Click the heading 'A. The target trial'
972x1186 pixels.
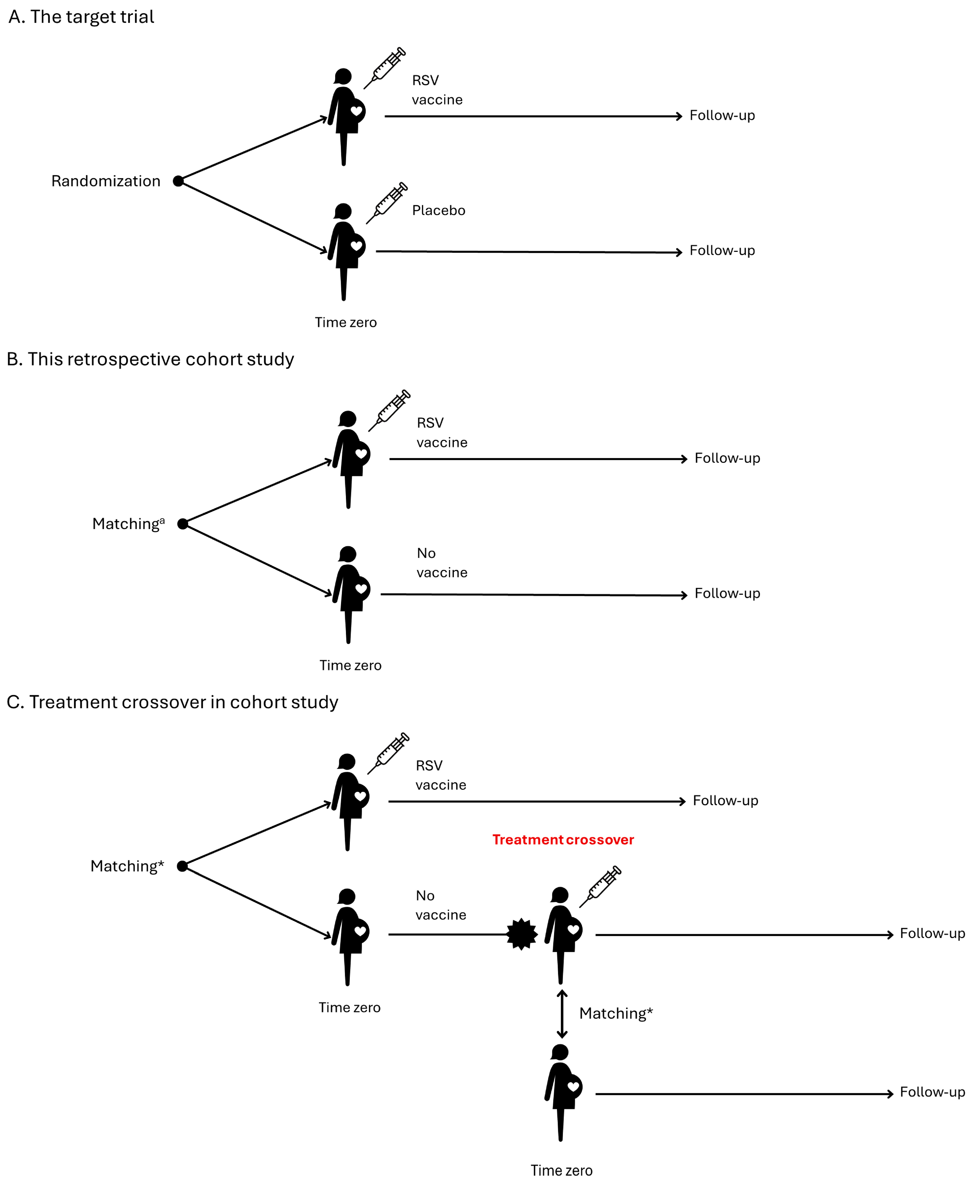pos(81,17)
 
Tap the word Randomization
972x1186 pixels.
pos(106,181)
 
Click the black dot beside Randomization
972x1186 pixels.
pos(178,181)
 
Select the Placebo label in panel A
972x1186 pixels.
pos(438,210)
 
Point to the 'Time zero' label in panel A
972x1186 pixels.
pos(346,322)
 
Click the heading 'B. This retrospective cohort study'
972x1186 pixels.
pos(150,359)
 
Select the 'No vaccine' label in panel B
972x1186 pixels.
pos(442,563)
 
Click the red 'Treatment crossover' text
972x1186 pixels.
pos(563,840)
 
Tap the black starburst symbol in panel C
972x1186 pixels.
pos(522,934)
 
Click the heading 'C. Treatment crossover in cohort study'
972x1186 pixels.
pos(173,702)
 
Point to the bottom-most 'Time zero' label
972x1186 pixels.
pos(561,1170)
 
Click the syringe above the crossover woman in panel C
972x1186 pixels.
pos(600,887)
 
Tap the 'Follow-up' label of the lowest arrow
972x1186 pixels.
pos(932,1092)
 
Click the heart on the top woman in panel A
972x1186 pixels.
pos(356,111)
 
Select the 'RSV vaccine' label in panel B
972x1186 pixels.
pos(442,433)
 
